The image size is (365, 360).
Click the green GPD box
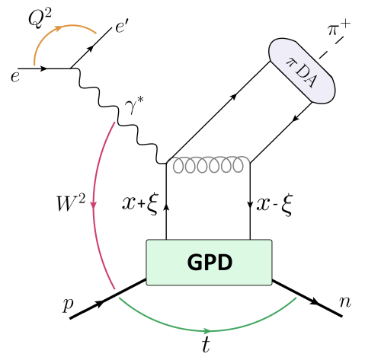pyautogui.click(x=208, y=263)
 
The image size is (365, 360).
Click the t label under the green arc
pyautogui.click(x=205, y=345)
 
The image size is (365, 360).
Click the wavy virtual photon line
pyautogui.click(x=118, y=114)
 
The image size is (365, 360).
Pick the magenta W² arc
pyautogui.click(x=93, y=205)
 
